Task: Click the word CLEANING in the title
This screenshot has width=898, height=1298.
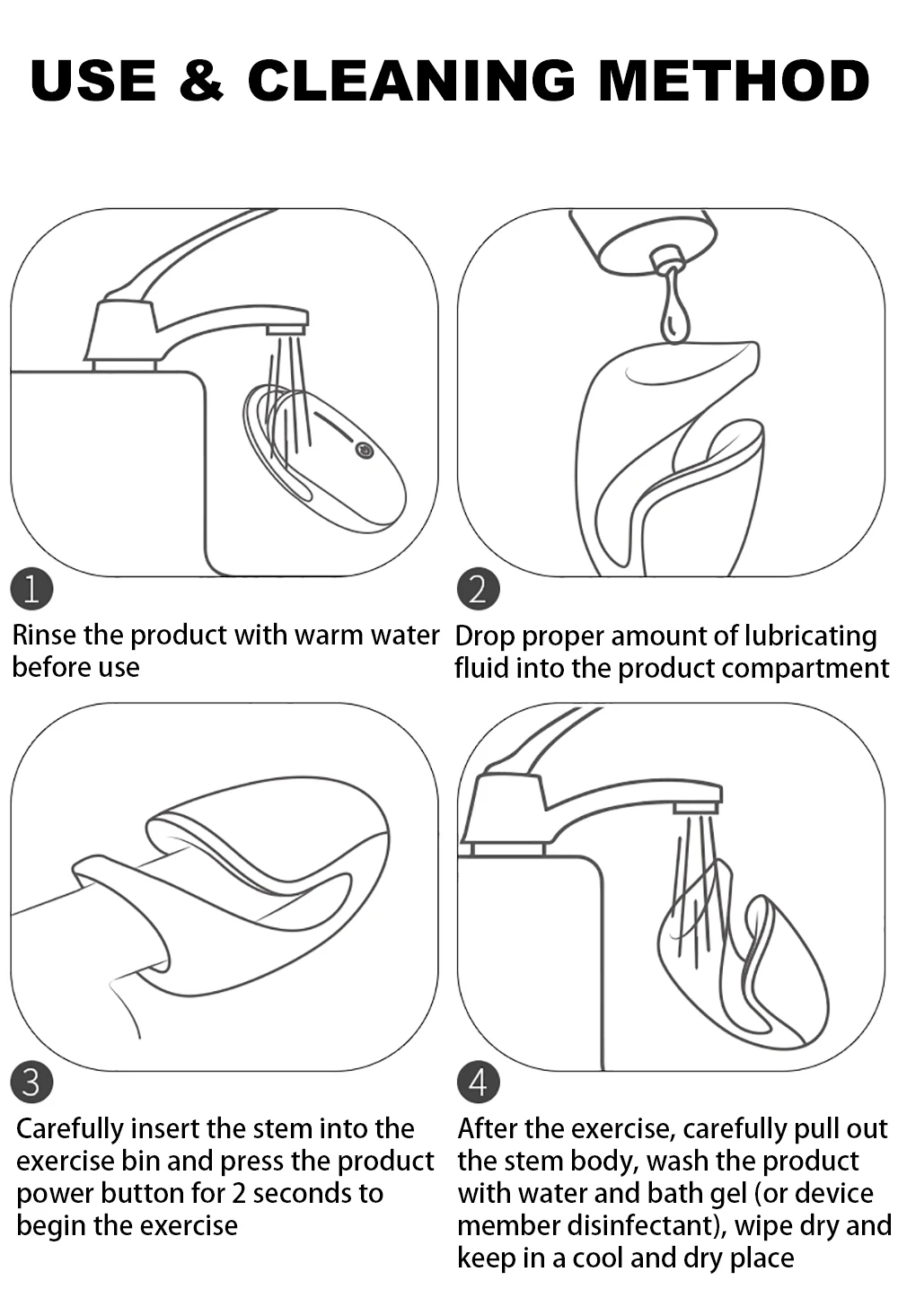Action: tap(411, 80)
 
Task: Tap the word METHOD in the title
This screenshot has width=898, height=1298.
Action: tap(734, 80)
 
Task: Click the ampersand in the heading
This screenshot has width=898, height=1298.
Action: tap(200, 80)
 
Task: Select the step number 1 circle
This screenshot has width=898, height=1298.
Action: tap(31, 589)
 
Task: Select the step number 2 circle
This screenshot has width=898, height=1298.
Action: tap(478, 589)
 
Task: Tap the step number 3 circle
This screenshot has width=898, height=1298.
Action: tap(31, 1083)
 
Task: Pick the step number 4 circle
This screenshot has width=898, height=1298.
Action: tap(478, 1083)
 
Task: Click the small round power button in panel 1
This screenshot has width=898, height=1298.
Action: tap(365, 452)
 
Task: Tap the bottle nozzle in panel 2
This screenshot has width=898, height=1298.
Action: tap(667, 258)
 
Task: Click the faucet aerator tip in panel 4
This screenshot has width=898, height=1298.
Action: tap(696, 807)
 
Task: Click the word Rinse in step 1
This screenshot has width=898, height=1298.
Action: tap(44, 636)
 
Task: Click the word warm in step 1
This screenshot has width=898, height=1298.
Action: tap(329, 636)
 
